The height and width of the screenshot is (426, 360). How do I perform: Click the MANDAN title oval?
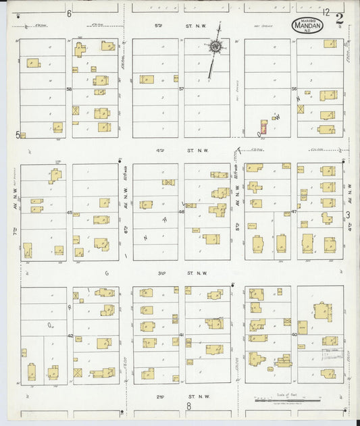[x=308, y=25]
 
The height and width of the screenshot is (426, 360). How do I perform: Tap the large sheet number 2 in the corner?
[x=339, y=18]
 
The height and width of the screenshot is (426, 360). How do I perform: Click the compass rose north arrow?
[x=215, y=47]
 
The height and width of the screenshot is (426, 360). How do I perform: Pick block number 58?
[x=69, y=88]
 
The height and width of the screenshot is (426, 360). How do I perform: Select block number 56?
[x=294, y=88]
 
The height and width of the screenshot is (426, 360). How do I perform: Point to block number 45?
[x=69, y=212]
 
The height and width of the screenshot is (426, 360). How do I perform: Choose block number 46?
[x=181, y=212]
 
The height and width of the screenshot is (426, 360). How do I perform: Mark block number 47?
[x=294, y=212]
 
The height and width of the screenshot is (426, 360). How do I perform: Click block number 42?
[x=70, y=336]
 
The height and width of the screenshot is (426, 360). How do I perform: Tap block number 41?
[x=182, y=336]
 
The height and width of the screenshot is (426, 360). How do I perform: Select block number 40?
[x=294, y=335]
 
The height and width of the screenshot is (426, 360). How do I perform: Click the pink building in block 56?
[x=263, y=127]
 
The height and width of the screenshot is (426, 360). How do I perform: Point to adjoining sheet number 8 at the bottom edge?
[x=189, y=406]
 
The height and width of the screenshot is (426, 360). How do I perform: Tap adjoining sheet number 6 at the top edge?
[x=69, y=14]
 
